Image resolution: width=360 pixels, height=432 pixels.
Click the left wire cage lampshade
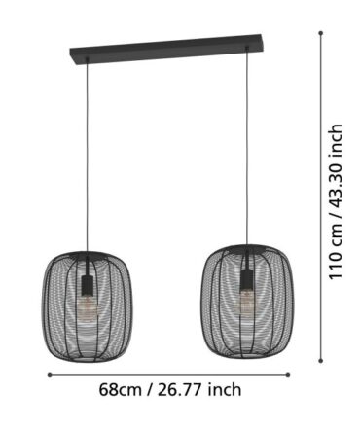88,306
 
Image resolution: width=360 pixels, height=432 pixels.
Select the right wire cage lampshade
246,302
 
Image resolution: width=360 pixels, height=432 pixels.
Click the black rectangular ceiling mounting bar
166,50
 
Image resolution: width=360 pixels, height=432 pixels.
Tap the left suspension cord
87,157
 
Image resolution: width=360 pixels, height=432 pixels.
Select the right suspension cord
247,147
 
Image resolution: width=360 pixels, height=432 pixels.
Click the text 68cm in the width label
120,390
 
